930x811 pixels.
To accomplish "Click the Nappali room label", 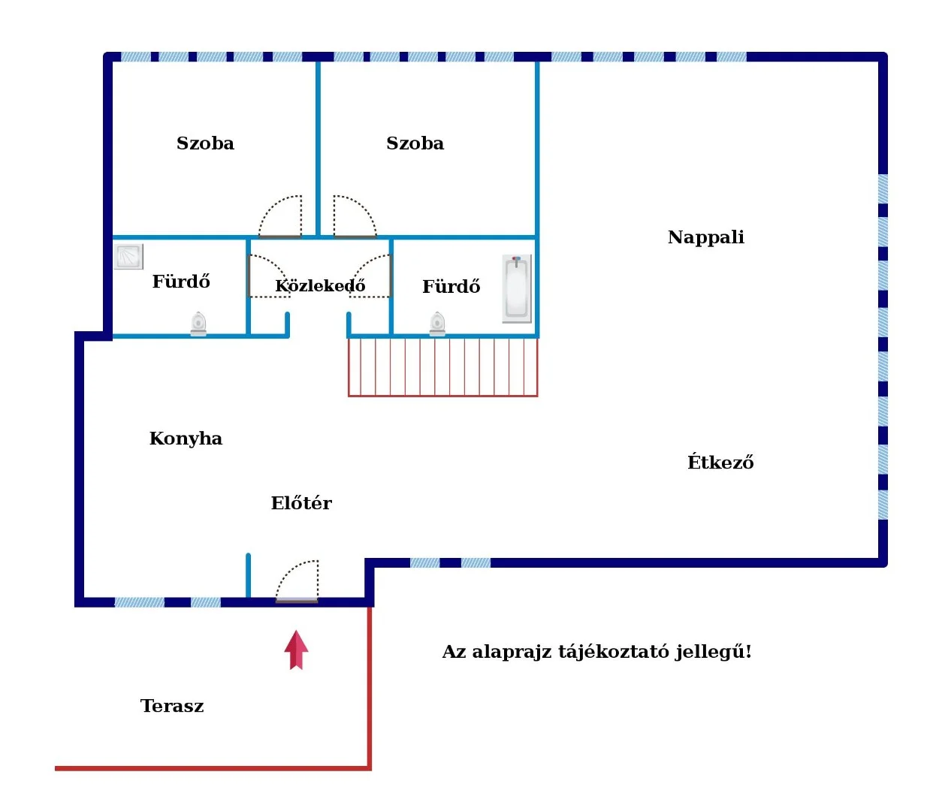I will [x=705, y=237].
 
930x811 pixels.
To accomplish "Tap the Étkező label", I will [x=720, y=462].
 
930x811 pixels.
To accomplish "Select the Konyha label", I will [x=186, y=439].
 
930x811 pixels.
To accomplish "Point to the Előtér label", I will [x=301, y=503].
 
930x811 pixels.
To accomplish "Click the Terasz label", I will [x=172, y=706].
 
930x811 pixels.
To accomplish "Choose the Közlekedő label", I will [x=320, y=286].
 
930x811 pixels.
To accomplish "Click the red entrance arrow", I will [x=296, y=650].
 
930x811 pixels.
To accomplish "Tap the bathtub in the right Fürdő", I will [x=517, y=288].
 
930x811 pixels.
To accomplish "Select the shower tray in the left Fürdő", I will [x=128, y=256].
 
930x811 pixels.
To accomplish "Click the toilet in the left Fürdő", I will [x=198, y=323].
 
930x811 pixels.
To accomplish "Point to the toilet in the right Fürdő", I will [x=437, y=324].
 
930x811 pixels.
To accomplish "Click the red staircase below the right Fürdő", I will [x=442, y=366].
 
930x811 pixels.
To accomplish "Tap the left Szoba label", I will [x=205, y=143].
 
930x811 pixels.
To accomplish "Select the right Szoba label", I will [x=415, y=143].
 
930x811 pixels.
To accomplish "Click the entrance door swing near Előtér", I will [x=298, y=581].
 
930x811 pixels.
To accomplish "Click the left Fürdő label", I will [x=181, y=282].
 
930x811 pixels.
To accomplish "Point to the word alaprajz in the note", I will [x=511, y=652].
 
